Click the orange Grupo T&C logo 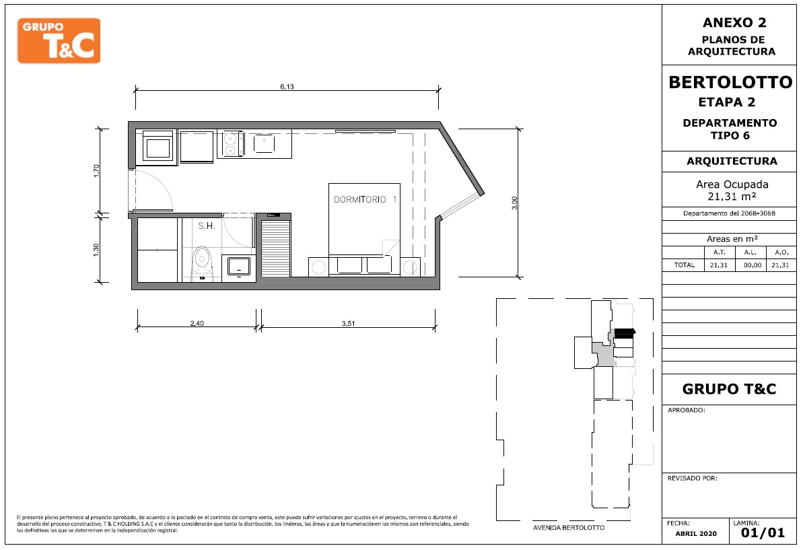[x=59, y=41]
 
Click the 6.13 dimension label [x=287, y=87]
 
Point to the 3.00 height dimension [x=515, y=203]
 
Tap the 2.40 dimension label [x=197, y=323]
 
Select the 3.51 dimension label [x=348, y=323]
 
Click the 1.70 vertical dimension [x=97, y=170]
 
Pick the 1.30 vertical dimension [x=97, y=249]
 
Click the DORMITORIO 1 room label [x=365, y=199]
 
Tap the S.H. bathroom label [x=207, y=226]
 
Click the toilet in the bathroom [x=202, y=263]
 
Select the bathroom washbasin [x=239, y=267]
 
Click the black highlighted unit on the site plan [x=624, y=333]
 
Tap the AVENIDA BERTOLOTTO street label [x=569, y=528]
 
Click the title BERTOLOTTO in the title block [x=730, y=82]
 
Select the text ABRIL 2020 [x=696, y=534]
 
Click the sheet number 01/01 [x=763, y=533]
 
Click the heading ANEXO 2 [x=734, y=22]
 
